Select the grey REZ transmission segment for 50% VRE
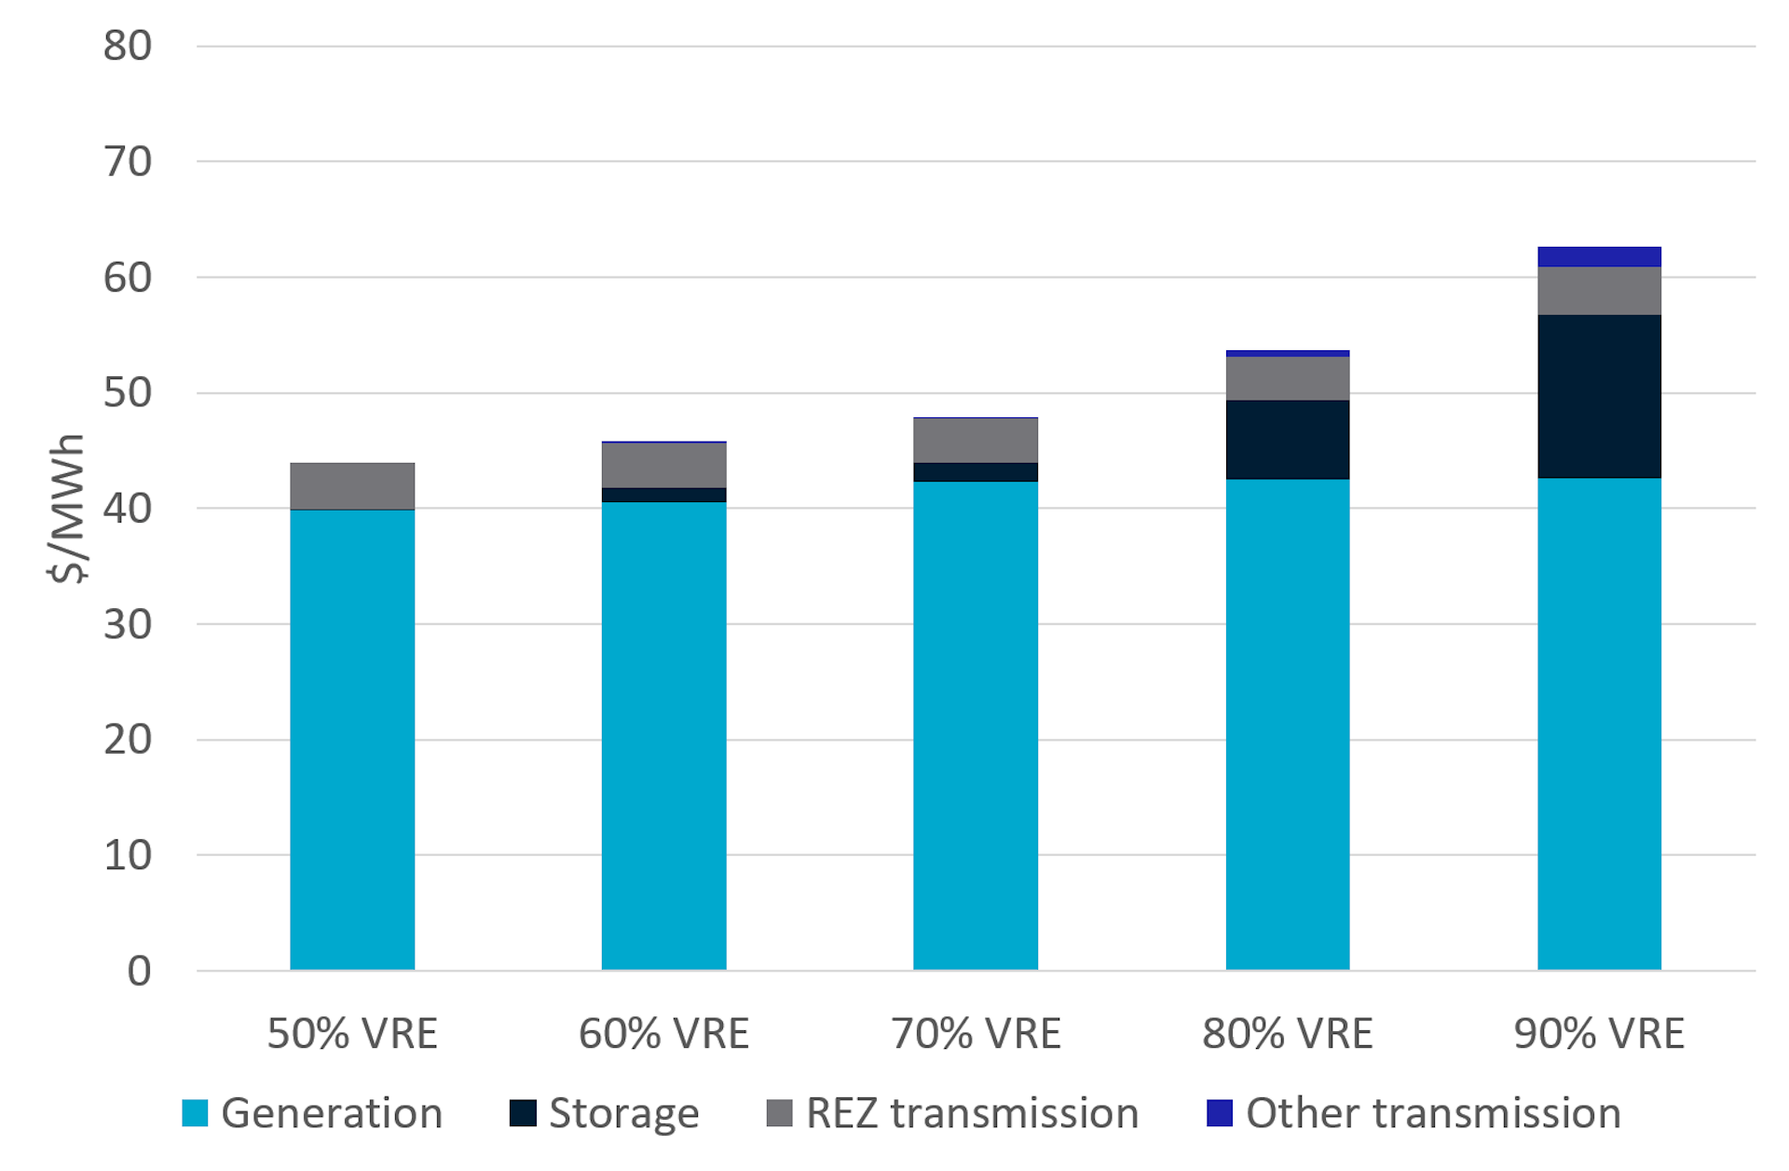click(352, 485)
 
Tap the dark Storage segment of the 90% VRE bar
click(1599, 396)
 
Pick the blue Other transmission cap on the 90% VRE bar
click(1599, 256)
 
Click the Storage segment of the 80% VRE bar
click(1287, 439)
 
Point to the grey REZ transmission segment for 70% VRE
click(975, 440)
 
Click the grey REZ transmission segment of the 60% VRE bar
click(663, 465)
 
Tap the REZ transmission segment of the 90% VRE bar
click(1599, 291)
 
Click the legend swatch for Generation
click(195, 1112)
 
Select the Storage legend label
click(623, 1112)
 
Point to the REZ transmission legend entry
click(971, 1112)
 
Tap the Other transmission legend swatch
click(1219, 1112)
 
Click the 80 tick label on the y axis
click(128, 46)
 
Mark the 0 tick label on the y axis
click(139, 971)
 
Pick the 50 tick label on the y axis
click(128, 392)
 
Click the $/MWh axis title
click(67, 508)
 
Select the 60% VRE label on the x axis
click(663, 1033)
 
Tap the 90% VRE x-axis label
click(1599, 1033)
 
